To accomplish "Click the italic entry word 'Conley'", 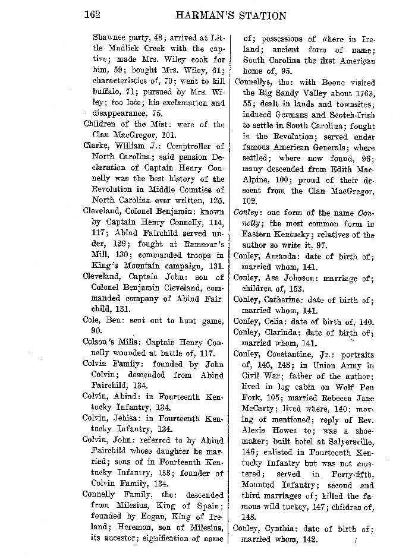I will coord(248,213).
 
